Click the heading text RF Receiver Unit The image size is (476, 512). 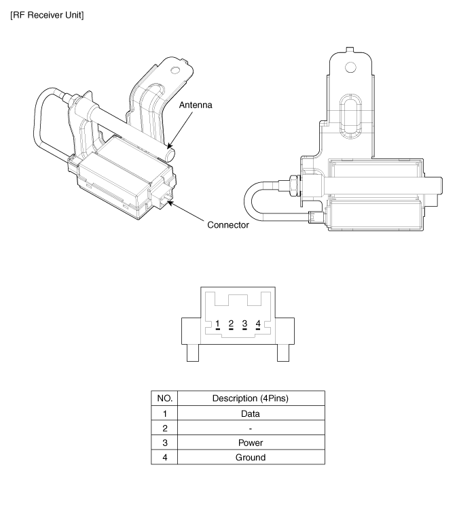[47, 15]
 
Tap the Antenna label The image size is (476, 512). [196, 105]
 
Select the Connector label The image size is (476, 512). [228, 224]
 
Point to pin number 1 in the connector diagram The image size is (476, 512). [217, 324]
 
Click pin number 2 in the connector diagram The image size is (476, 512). [231, 324]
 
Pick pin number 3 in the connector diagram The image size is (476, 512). [244, 324]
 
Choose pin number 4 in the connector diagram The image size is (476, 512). [258, 324]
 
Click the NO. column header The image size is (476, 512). [164, 398]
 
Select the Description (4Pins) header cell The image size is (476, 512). [251, 398]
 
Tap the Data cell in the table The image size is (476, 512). [251, 413]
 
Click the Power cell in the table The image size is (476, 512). [251, 443]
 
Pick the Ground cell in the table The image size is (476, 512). [251, 457]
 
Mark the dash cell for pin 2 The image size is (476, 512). [251, 428]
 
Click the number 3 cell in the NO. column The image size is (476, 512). [165, 443]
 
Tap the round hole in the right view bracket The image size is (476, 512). [350, 67]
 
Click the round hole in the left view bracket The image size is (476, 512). [175, 70]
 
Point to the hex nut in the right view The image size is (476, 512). [294, 186]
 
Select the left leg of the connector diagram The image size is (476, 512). [193, 353]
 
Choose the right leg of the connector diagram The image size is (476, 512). [283, 353]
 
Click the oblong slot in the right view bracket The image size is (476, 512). [350, 116]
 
